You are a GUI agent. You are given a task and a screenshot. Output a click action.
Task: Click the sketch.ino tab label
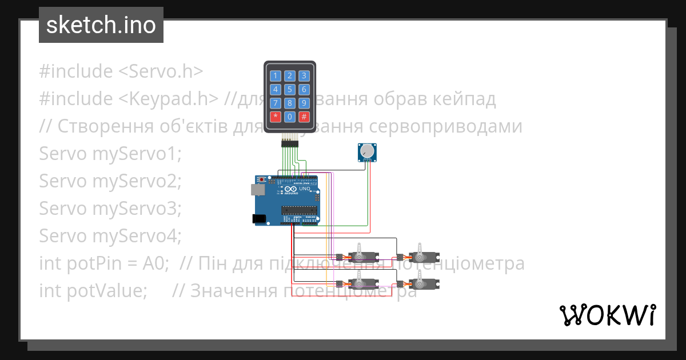[x=101, y=25]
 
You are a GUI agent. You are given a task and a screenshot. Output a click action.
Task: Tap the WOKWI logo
[x=607, y=315]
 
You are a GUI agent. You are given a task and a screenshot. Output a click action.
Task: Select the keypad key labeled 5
[x=290, y=89]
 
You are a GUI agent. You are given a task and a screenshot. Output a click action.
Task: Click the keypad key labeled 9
[x=304, y=103]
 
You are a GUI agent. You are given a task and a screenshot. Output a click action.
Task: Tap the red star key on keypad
[x=276, y=117]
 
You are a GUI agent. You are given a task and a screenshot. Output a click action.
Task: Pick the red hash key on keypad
[x=304, y=117]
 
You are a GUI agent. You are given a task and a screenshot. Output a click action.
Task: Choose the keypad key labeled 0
[x=290, y=117]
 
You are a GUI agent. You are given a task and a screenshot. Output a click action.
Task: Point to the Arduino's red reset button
[x=262, y=179]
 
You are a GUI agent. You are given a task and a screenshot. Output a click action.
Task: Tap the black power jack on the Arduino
[x=258, y=218]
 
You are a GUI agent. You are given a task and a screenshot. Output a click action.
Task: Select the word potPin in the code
[x=91, y=263]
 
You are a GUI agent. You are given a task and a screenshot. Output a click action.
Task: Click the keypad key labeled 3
[x=304, y=75]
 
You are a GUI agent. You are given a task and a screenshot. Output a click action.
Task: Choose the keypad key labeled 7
[x=276, y=103]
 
